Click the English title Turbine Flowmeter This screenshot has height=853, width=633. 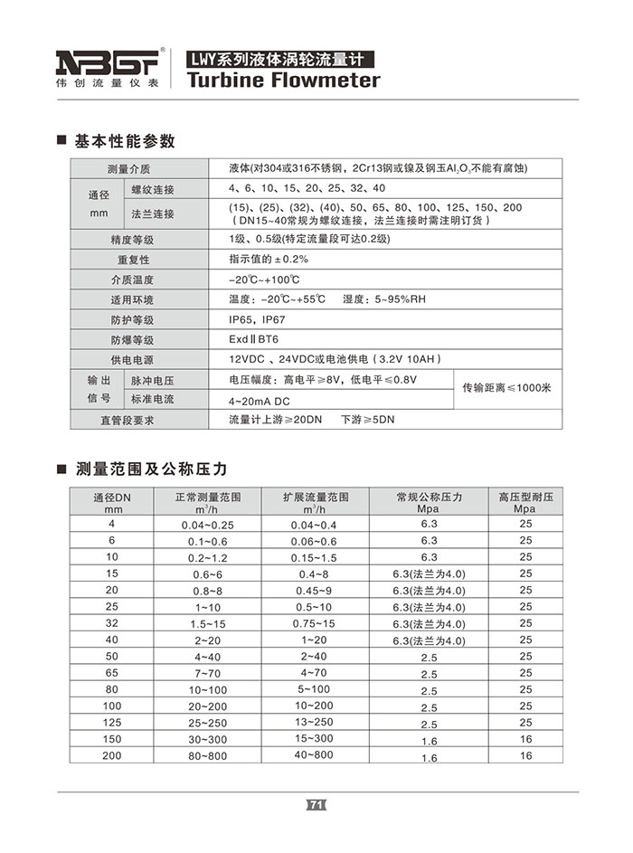click(x=283, y=81)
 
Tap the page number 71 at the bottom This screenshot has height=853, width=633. click(x=316, y=804)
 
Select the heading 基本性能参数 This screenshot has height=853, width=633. click(x=124, y=141)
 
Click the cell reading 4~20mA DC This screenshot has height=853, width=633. click(x=263, y=399)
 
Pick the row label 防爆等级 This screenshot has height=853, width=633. click(x=132, y=340)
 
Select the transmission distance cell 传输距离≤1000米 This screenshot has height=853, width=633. click(x=506, y=388)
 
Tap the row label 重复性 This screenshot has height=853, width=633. click(x=132, y=260)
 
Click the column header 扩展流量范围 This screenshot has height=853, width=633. click(x=314, y=498)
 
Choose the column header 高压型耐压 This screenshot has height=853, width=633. click(x=524, y=498)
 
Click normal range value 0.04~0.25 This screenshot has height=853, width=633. click(x=207, y=525)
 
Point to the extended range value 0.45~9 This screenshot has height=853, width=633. click(x=314, y=591)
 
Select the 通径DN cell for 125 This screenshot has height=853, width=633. click(x=112, y=722)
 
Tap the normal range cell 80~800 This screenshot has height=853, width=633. click(x=207, y=755)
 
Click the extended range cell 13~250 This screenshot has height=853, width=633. click(x=314, y=722)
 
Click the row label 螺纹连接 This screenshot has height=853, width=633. click(x=153, y=190)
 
